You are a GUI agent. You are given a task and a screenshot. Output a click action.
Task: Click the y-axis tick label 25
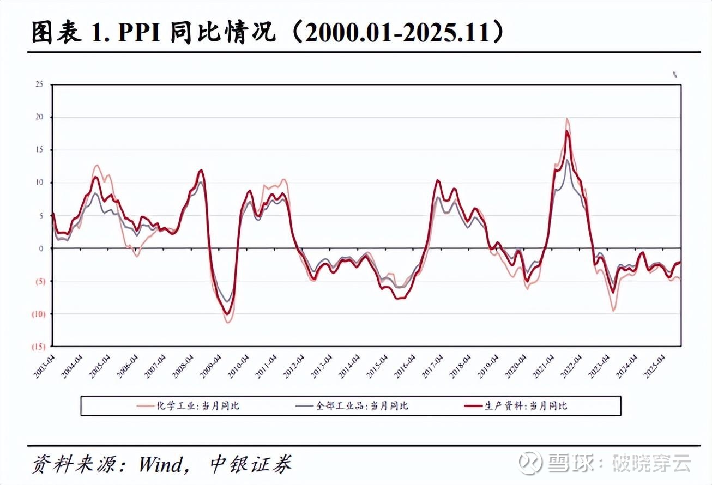(x=39, y=84)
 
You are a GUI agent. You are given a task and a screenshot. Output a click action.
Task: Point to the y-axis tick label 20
(x=39, y=117)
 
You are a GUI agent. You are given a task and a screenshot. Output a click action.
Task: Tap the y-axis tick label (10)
(x=38, y=314)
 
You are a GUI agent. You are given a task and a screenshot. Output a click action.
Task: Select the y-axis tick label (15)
(x=38, y=347)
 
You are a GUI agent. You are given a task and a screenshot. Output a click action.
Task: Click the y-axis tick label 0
(x=40, y=248)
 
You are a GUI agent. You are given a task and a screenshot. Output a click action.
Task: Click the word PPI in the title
(x=139, y=33)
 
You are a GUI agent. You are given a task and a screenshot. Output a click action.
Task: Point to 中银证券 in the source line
(x=251, y=464)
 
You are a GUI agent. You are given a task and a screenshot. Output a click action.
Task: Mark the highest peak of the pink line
(x=567, y=119)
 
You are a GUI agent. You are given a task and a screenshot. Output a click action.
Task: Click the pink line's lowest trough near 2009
(x=228, y=322)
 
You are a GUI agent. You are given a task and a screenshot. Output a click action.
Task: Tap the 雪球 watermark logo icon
(x=529, y=463)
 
